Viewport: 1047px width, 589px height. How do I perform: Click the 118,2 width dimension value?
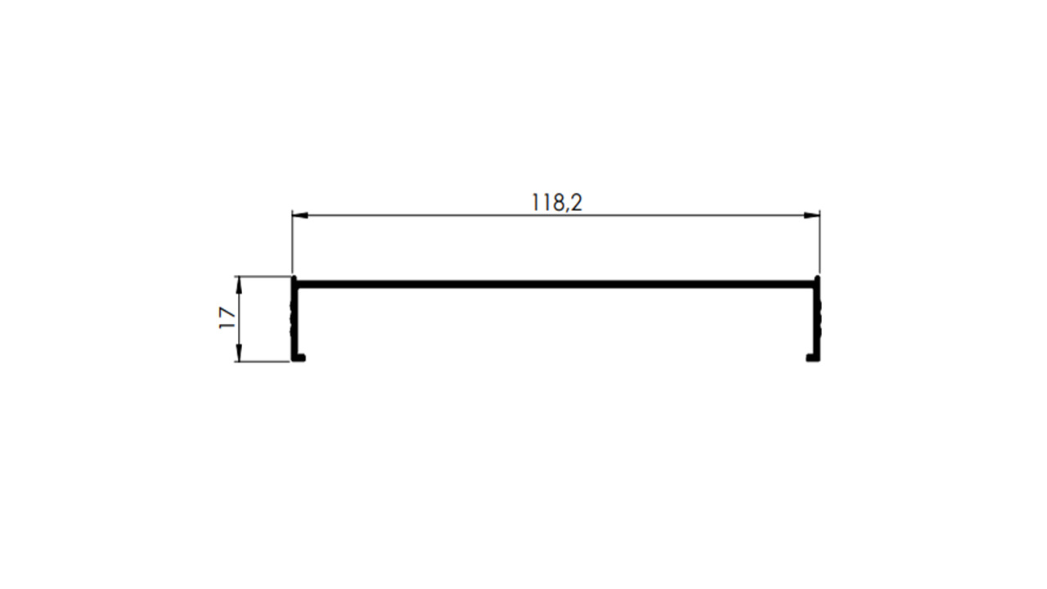(x=557, y=203)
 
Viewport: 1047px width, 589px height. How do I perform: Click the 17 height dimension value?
(x=227, y=318)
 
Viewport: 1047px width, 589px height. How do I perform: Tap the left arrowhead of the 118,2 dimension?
(x=300, y=215)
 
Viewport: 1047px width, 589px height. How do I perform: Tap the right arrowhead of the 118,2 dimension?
(x=812, y=215)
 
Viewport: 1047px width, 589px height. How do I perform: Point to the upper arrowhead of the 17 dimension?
(x=240, y=285)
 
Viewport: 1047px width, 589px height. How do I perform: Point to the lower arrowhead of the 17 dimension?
(x=240, y=353)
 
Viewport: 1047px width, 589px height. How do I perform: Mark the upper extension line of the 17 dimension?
(x=263, y=277)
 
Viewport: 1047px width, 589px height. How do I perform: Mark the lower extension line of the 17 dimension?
(x=263, y=362)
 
